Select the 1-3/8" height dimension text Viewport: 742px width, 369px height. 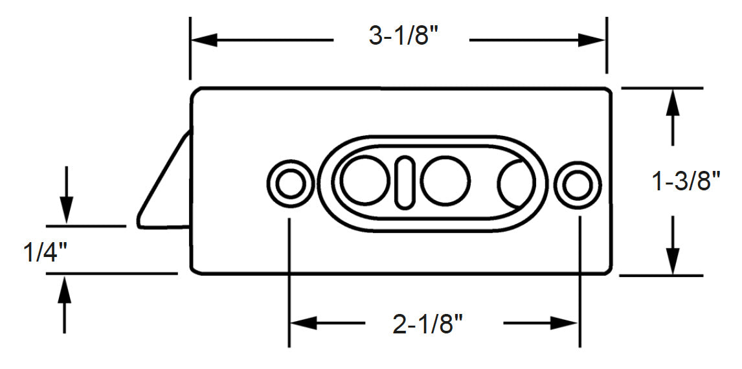686,182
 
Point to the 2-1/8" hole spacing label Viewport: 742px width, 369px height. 429,324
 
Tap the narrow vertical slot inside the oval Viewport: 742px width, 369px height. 405,182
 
